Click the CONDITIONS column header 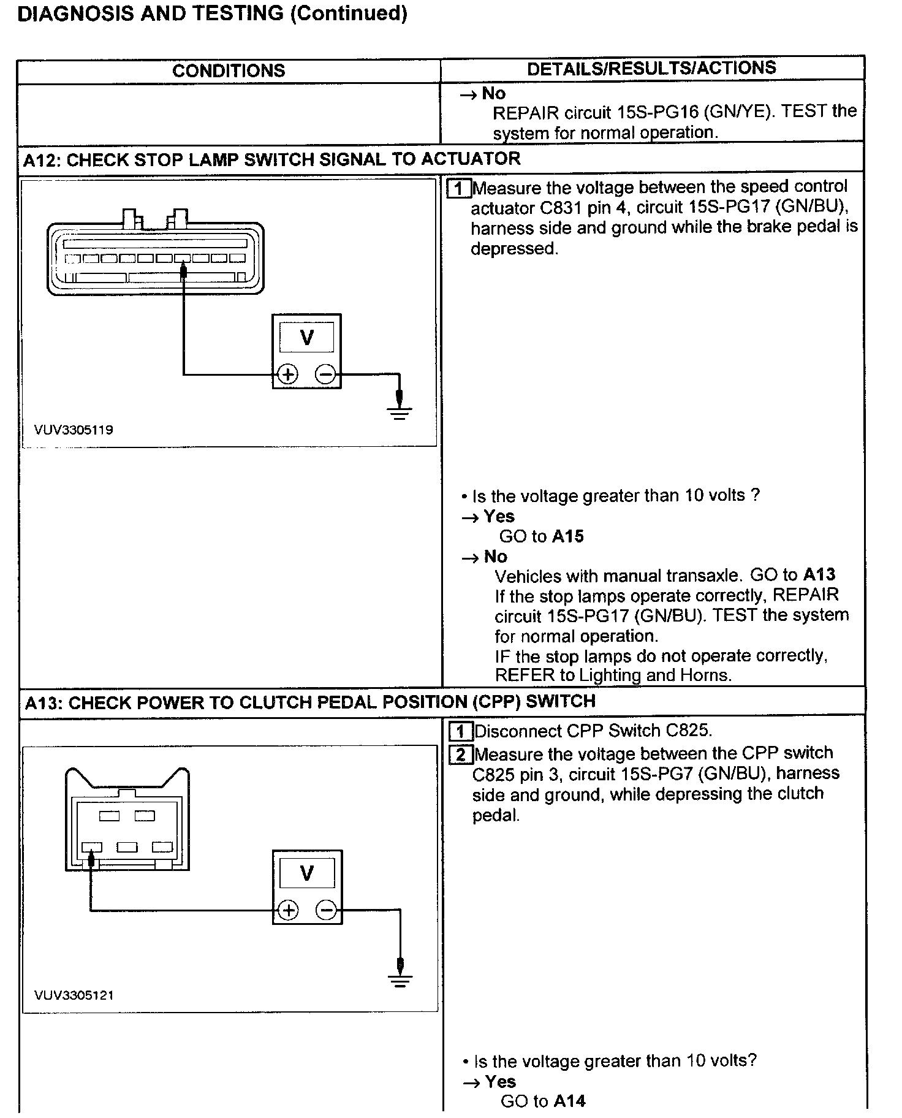229,70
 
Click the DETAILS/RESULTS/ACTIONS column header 651,68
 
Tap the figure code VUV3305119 74,430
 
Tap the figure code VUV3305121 74,995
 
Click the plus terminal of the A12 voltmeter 287,374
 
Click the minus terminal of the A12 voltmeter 326,374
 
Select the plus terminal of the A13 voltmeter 288,910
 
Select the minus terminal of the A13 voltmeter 327,910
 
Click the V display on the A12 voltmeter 306,337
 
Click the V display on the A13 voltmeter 307,873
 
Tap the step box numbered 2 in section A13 461,754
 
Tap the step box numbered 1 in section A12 460,188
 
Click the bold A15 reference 567,536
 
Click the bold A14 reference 569,1101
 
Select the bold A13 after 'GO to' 819,575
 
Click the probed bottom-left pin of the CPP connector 92,848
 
